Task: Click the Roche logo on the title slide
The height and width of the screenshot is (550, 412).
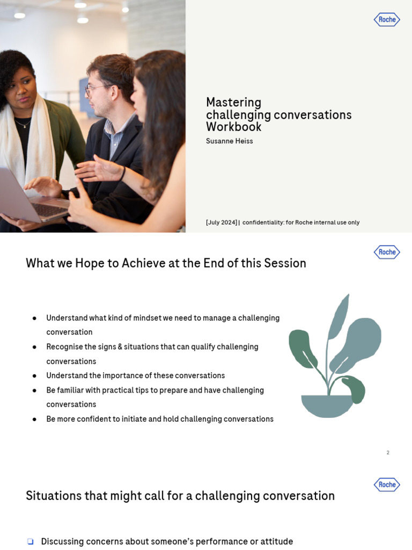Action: click(x=387, y=20)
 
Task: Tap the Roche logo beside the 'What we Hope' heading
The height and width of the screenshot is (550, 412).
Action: click(x=387, y=252)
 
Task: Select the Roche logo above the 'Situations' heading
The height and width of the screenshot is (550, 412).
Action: click(x=387, y=484)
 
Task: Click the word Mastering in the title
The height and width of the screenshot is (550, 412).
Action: click(x=233, y=103)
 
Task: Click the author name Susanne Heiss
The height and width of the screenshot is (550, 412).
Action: click(x=229, y=141)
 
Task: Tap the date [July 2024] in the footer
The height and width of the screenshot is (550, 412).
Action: click(x=221, y=222)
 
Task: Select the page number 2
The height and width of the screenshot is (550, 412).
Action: click(x=388, y=453)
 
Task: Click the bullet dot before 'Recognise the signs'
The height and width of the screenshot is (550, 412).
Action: click(x=34, y=347)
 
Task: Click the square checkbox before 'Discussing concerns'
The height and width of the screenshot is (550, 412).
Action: click(x=30, y=541)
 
